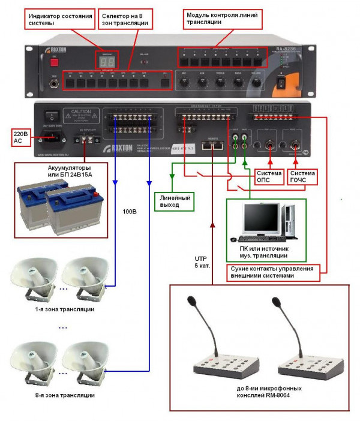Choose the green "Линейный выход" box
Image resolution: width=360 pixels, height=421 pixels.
(x=172, y=200)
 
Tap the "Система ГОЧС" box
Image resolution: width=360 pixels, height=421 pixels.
(x=301, y=175)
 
